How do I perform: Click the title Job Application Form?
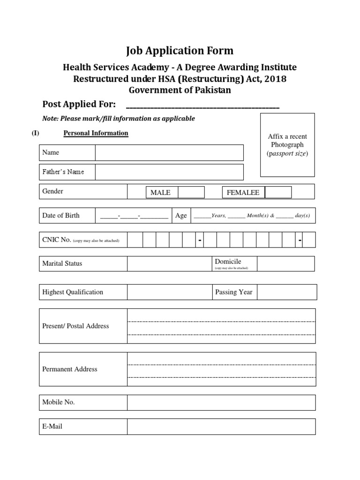[x=180, y=51]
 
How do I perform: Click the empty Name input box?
[x=169, y=153]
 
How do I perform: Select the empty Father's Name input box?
[x=169, y=172]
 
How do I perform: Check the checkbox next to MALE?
[x=191, y=192]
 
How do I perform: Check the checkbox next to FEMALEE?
[x=278, y=192]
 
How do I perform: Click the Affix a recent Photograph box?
[x=287, y=145]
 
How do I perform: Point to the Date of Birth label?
[x=61, y=216]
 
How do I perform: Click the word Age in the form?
[x=181, y=216]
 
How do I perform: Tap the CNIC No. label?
[x=57, y=240]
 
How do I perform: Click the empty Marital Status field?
[x=169, y=263]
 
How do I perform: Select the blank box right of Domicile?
[x=286, y=263]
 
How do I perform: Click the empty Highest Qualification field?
[x=169, y=292]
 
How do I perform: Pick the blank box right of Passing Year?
[x=287, y=292]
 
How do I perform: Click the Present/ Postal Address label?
[x=75, y=326]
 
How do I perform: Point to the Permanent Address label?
[x=70, y=369]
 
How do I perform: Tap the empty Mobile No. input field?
[x=221, y=402]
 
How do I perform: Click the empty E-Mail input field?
[x=221, y=427]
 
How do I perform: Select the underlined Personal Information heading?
[x=96, y=133]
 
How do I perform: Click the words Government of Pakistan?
[x=180, y=90]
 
